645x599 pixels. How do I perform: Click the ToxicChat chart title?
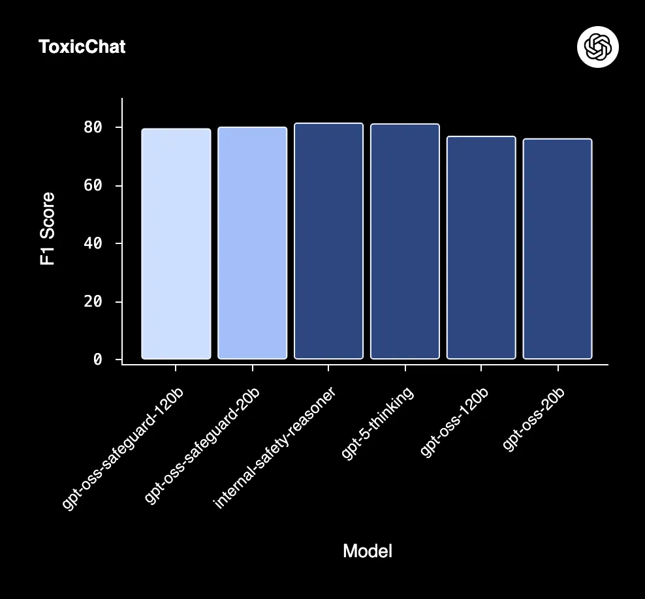pos(82,47)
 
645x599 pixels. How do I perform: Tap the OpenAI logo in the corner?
pos(598,47)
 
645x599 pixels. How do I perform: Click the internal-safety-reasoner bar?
pos(328,241)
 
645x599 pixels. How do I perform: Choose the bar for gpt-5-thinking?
pos(405,241)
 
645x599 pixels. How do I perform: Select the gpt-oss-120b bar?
pos(481,247)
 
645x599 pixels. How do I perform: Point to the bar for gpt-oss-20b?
pos(558,249)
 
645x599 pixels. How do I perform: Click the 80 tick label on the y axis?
pos(93,127)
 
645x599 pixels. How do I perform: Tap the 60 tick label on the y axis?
pos(93,185)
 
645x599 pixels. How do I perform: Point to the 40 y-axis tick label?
pos(93,243)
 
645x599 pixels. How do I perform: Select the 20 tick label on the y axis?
pos(93,301)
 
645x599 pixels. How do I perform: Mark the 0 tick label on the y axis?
pos(98,360)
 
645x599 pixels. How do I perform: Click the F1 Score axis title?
pos(47,228)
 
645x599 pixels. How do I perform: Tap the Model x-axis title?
pos(368,551)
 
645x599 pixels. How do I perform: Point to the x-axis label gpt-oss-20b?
pos(534,418)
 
